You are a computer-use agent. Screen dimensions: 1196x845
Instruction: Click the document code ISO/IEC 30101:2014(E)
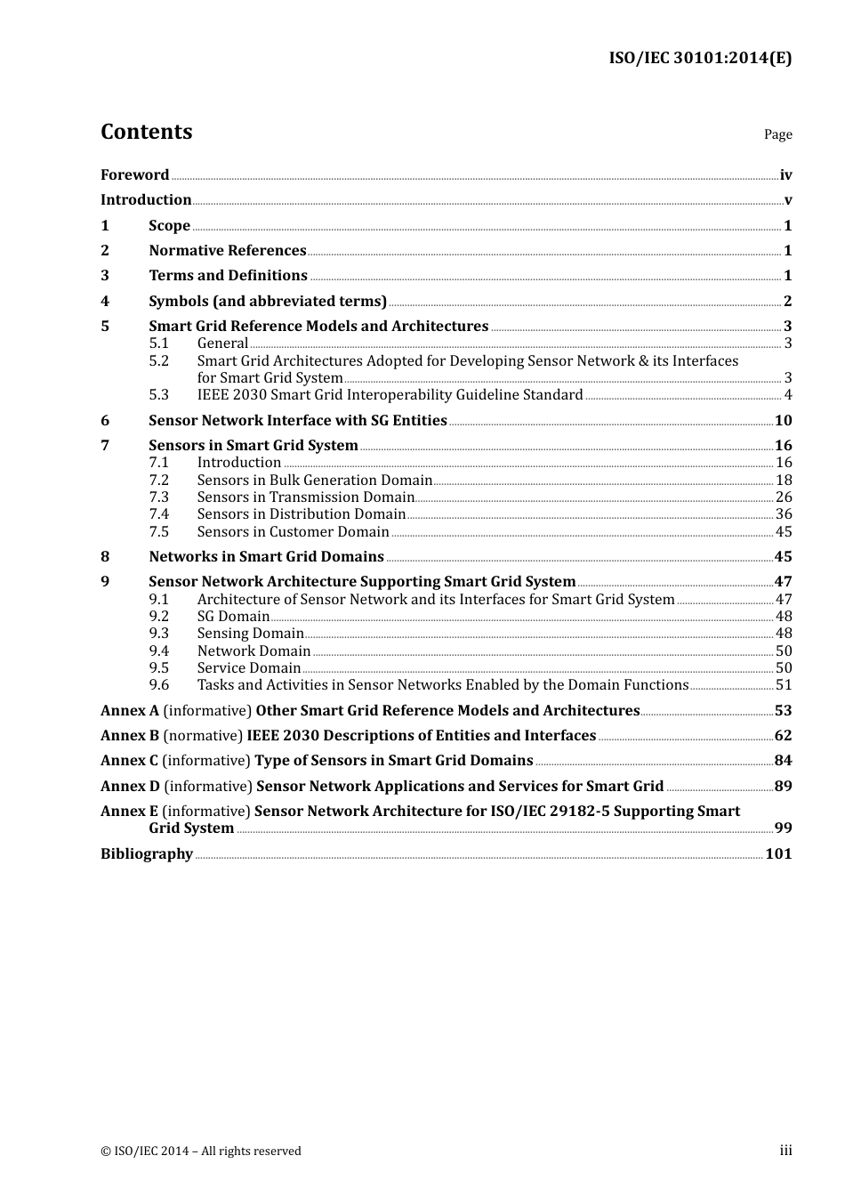(699, 59)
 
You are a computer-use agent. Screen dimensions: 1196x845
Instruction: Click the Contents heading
(146, 132)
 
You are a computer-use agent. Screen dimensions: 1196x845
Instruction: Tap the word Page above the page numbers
(777, 134)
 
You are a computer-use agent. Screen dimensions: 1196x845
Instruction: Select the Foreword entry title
(134, 175)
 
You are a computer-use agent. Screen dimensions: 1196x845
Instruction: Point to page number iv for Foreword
(785, 175)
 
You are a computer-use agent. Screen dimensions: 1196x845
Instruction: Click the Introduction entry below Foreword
(146, 200)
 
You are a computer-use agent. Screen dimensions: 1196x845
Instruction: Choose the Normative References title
(227, 251)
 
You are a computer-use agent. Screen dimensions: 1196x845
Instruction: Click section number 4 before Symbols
(105, 302)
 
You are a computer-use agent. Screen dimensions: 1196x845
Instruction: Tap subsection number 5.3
(158, 395)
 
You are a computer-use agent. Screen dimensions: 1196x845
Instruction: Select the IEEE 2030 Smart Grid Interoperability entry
(390, 395)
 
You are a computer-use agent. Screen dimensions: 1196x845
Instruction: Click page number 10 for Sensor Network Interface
(783, 421)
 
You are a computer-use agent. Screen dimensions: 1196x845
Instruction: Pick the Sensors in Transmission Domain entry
(305, 497)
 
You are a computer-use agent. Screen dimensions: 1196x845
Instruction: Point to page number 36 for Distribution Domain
(783, 514)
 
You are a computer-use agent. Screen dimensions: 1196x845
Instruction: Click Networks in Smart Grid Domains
(266, 557)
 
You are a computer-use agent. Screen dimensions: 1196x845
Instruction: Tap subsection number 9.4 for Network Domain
(158, 651)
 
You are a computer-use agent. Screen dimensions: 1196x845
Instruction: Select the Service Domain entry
(248, 668)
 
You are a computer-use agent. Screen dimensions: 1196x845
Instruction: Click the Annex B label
(130, 736)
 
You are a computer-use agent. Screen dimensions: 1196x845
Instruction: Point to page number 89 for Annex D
(783, 787)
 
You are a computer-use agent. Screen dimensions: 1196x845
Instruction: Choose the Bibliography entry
(147, 854)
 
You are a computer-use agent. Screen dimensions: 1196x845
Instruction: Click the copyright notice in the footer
(201, 1152)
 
